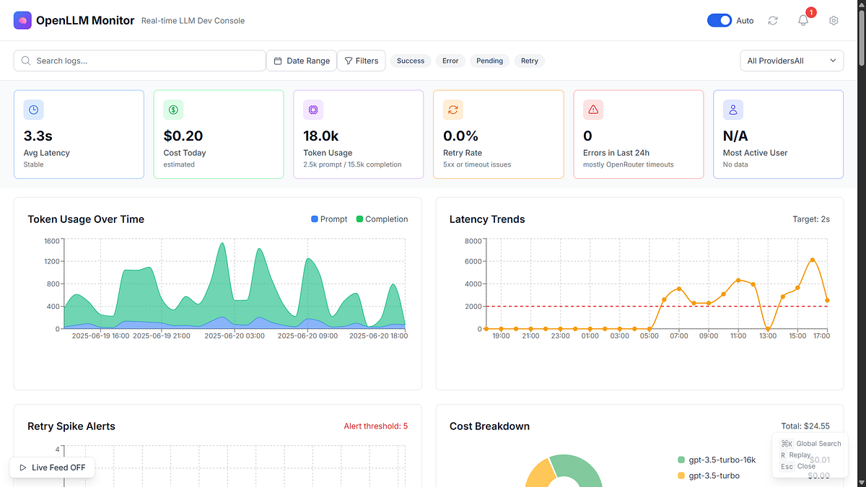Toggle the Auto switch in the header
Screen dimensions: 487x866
click(x=720, y=20)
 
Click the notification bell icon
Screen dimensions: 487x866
click(x=803, y=20)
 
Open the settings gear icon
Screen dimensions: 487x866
click(x=834, y=20)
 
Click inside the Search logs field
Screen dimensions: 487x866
click(x=144, y=61)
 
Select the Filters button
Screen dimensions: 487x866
click(x=362, y=61)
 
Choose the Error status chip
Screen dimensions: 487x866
click(x=450, y=61)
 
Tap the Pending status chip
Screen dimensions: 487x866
click(x=489, y=61)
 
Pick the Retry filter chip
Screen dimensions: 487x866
click(x=530, y=61)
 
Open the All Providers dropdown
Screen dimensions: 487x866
click(x=792, y=61)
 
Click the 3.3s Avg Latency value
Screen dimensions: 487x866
click(x=38, y=136)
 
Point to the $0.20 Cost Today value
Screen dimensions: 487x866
click(x=183, y=136)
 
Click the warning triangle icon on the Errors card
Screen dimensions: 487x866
click(x=593, y=110)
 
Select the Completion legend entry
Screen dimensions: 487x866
click(x=382, y=219)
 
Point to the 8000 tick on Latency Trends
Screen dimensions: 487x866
click(x=473, y=241)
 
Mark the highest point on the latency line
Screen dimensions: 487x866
click(x=813, y=260)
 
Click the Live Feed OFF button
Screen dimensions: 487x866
click(x=52, y=468)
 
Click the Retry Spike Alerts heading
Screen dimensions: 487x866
click(x=71, y=426)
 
